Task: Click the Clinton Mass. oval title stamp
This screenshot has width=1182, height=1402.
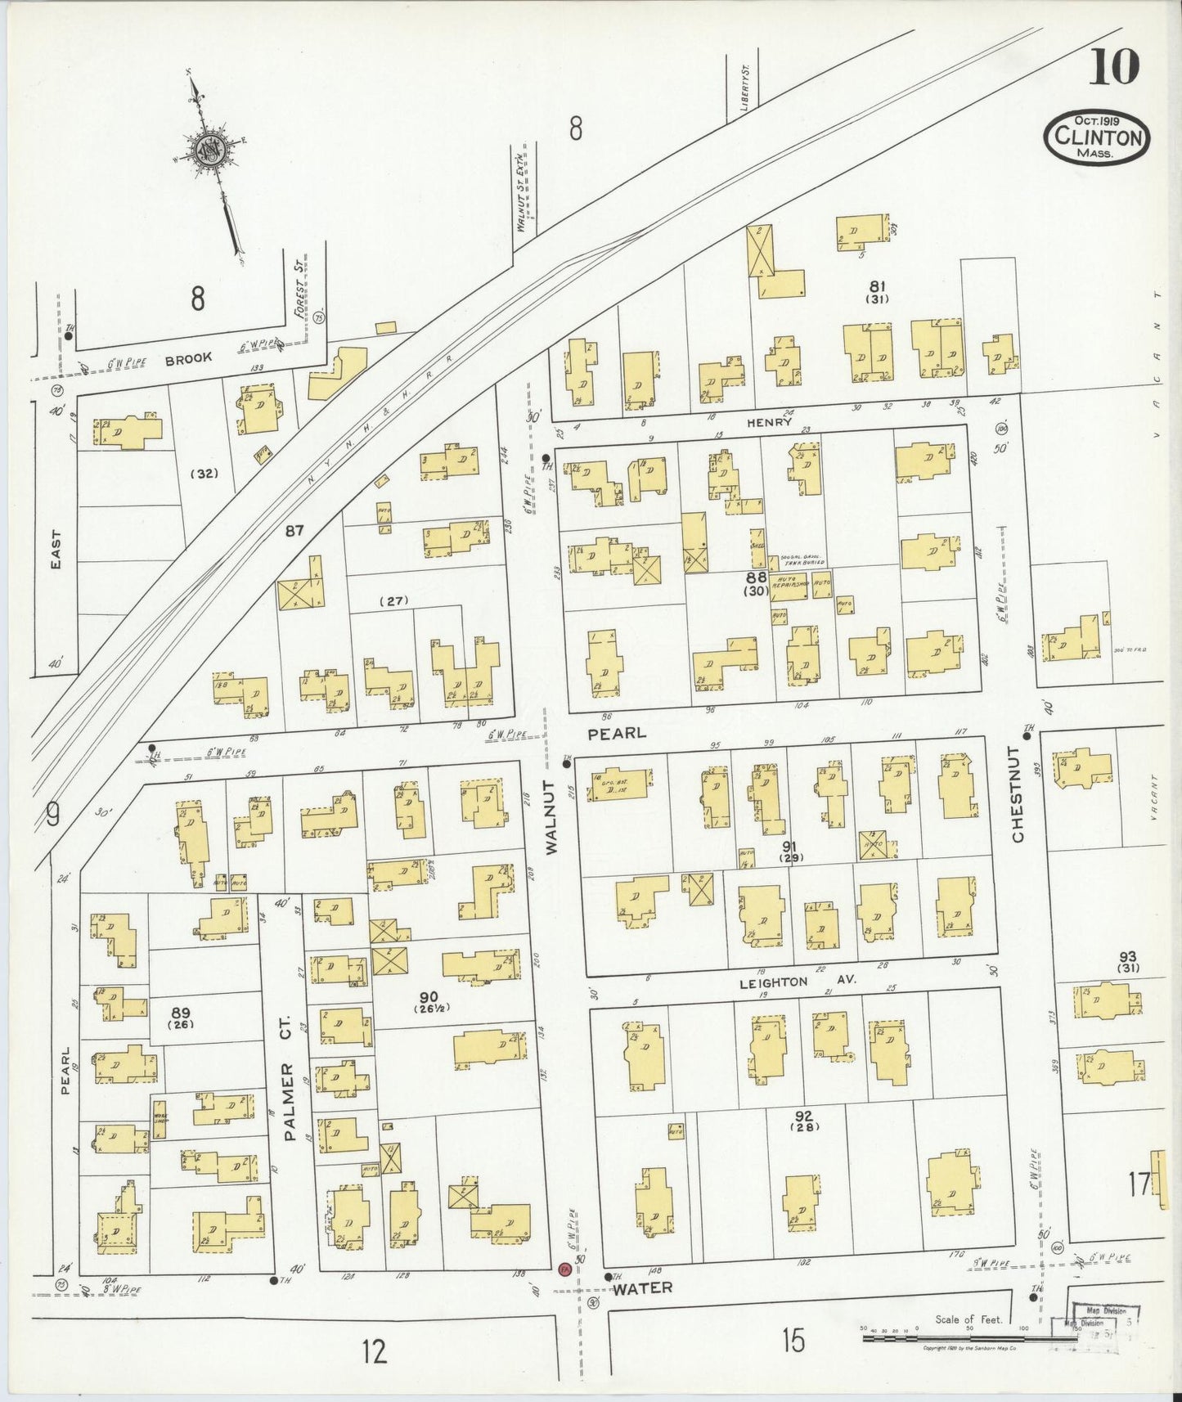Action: [1097, 137]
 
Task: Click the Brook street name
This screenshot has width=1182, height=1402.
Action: [188, 359]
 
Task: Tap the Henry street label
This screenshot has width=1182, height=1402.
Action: [769, 422]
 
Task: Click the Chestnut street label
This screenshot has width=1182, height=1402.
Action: [1017, 793]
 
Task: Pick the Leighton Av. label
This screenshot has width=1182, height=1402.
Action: [798, 982]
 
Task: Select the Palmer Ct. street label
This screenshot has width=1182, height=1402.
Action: [286, 1090]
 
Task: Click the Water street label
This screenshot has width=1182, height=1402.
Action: [643, 1287]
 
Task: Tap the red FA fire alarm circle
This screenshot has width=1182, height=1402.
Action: [564, 1269]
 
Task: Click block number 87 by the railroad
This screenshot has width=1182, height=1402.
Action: [294, 531]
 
